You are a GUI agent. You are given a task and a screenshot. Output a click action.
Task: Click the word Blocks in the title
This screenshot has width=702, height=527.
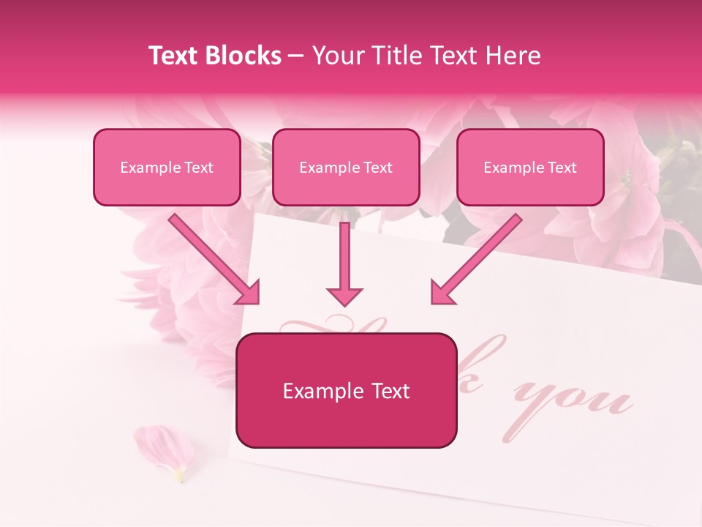(x=244, y=56)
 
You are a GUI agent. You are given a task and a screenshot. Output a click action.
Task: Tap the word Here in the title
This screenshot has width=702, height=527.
(x=513, y=56)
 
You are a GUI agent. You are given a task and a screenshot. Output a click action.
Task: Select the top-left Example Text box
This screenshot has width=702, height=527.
(x=167, y=167)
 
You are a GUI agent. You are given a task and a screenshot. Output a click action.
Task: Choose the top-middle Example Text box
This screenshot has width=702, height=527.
(x=346, y=167)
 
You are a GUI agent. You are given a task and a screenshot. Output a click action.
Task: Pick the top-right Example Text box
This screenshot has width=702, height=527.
(x=530, y=167)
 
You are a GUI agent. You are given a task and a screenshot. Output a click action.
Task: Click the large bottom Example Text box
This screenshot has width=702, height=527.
(x=346, y=390)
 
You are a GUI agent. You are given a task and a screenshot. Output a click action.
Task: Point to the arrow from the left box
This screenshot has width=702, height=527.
(x=212, y=256)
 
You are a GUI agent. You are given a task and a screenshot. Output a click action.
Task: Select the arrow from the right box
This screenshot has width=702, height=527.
(x=479, y=256)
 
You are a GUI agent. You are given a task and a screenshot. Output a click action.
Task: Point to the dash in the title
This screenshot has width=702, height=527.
(x=296, y=56)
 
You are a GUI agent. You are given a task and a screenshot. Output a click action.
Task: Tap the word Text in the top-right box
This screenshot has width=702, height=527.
(x=562, y=168)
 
